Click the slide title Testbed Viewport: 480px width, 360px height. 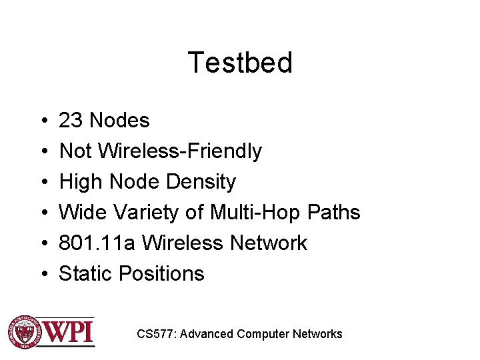click(x=240, y=63)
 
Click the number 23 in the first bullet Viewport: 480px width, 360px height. click(x=71, y=121)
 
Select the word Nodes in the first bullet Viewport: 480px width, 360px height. click(x=119, y=121)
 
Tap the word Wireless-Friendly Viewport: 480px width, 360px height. click(x=180, y=151)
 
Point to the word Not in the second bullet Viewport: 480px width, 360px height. click(x=75, y=151)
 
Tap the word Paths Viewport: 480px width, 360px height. click(x=334, y=213)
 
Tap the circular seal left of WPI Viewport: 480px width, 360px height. click(x=23, y=331)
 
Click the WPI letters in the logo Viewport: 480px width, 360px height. click(x=68, y=331)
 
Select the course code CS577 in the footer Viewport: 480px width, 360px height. click(x=155, y=334)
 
